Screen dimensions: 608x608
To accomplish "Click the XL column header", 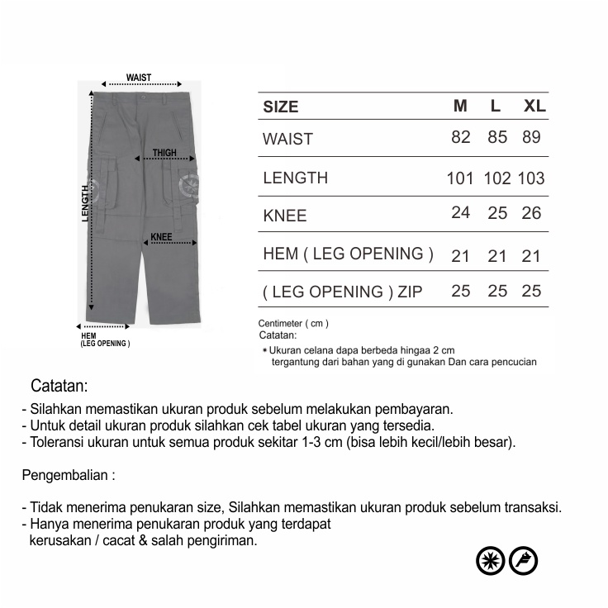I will point(534,107).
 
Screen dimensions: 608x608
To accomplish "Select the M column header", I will point(460,107).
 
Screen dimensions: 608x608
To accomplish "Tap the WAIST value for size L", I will point(497,138).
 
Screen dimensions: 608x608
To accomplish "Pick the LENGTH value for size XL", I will point(531,178).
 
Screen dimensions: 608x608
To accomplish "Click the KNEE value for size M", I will point(460,213).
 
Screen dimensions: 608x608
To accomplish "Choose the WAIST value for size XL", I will point(531,138).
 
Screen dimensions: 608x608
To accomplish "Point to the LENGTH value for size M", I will point(460,178).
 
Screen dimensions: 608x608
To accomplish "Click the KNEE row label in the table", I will point(284,216).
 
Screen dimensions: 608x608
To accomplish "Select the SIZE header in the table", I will point(281,107).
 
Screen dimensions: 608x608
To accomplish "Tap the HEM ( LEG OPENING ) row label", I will point(348,254).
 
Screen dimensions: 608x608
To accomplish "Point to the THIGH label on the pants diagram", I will point(164,153).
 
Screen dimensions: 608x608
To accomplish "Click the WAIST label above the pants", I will point(139,78).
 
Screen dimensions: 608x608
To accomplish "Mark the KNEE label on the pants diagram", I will point(161,237).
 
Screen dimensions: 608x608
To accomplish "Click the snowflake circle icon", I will point(491,561).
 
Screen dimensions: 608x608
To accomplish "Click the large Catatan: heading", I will point(59,386).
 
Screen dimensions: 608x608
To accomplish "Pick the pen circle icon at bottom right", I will point(524,561).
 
